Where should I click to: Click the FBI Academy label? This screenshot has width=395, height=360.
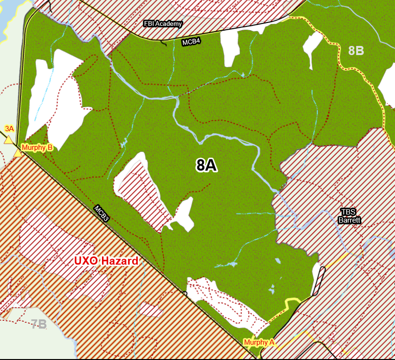click(163, 23)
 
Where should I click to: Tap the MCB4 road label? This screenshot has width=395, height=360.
click(191, 42)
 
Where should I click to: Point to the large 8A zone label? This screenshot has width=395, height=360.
click(207, 165)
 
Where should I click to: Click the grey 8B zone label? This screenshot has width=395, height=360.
click(356, 51)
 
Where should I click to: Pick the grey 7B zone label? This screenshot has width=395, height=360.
click(39, 324)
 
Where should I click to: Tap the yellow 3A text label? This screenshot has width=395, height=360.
click(9, 128)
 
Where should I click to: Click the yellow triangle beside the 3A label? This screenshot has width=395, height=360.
click(8, 140)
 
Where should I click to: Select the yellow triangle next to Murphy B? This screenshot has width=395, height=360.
click(18, 153)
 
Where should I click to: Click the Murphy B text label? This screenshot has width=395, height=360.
click(37, 147)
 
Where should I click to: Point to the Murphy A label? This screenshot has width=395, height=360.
click(259, 342)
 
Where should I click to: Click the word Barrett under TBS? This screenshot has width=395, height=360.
click(349, 221)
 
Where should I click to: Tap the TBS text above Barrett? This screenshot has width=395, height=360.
click(348, 211)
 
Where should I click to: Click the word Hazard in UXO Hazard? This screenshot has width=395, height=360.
click(121, 261)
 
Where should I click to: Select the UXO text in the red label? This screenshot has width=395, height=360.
click(88, 261)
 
